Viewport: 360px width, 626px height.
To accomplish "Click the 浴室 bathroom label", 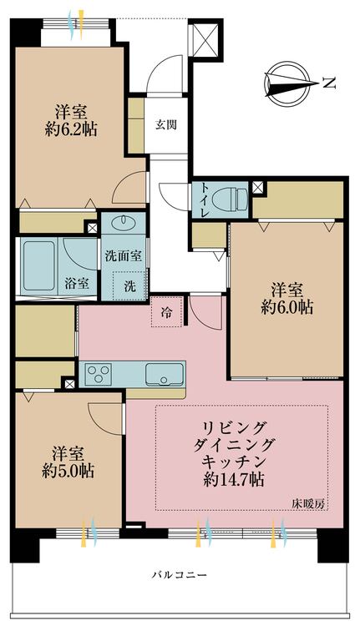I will point(77,284).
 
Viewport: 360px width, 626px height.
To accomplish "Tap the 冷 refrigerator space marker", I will point(165,313).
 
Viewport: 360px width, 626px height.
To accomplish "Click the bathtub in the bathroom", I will point(42,262).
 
